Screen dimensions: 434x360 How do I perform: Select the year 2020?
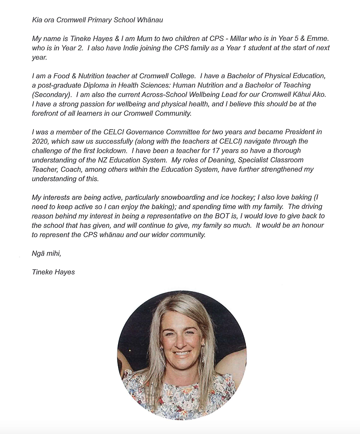click(x=40, y=141)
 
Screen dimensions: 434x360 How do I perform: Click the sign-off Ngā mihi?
click(x=46, y=253)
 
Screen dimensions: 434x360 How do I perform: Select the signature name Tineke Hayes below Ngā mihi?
click(x=53, y=272)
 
